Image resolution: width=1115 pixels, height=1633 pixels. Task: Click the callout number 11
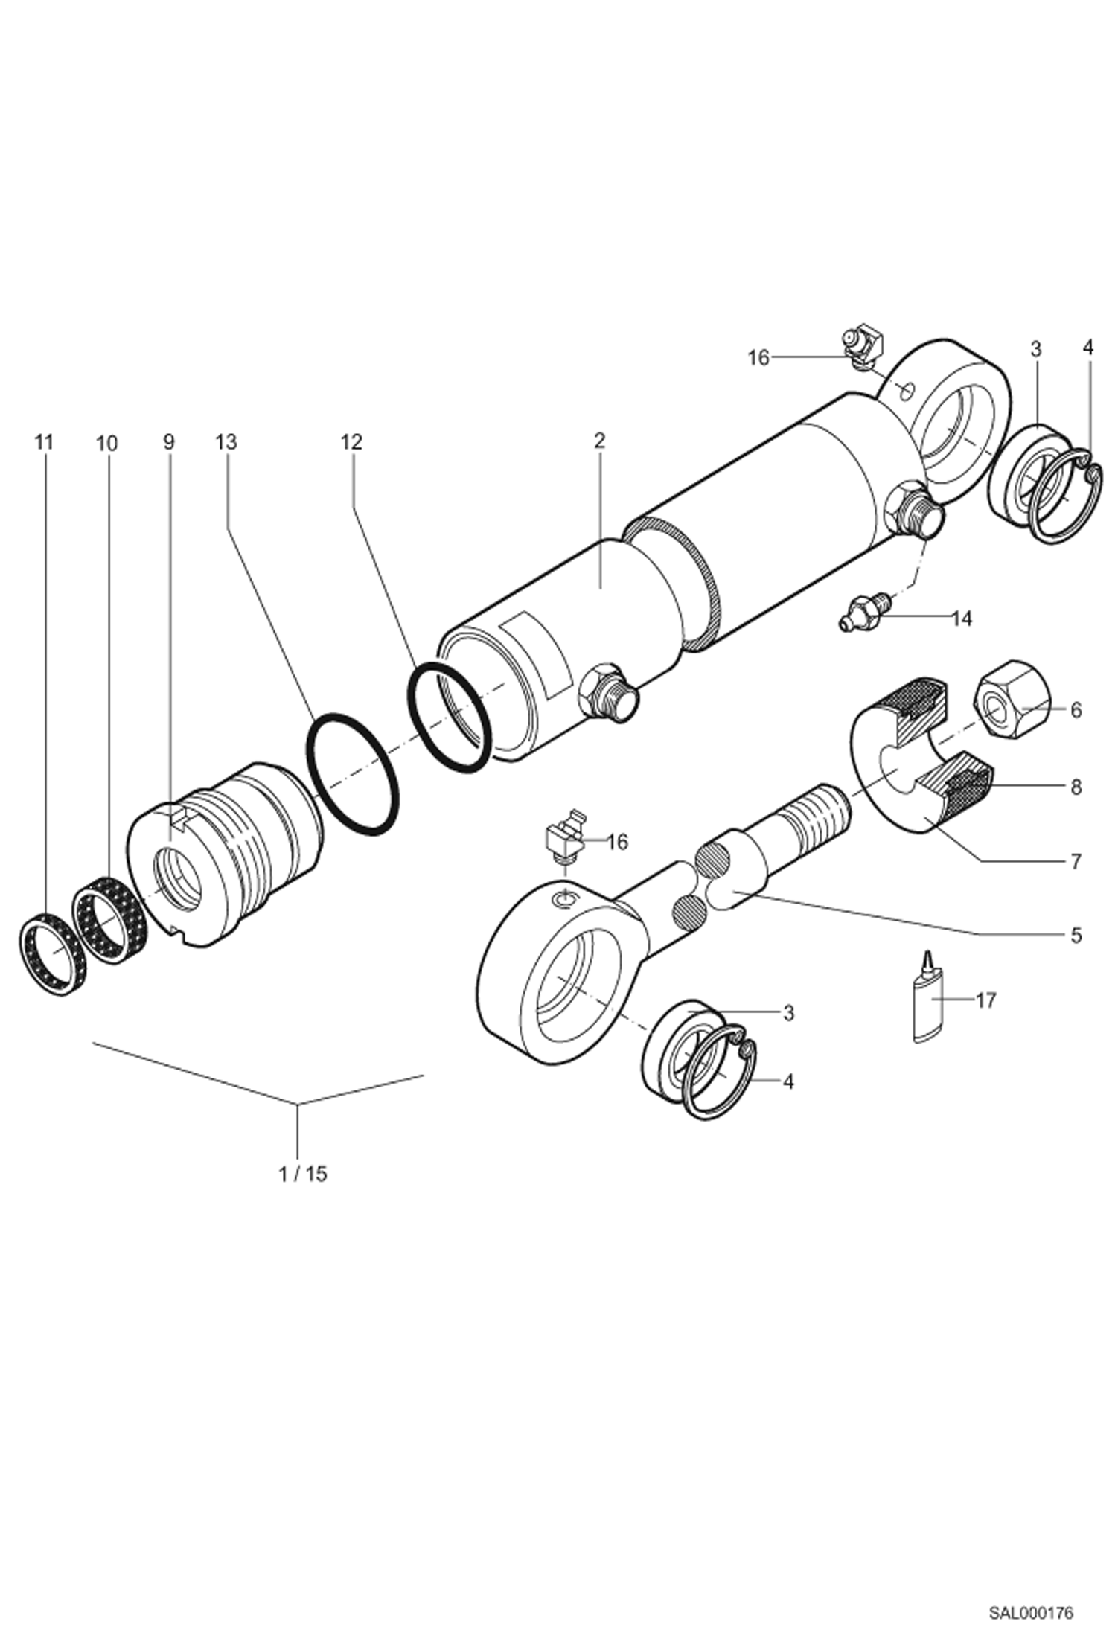(x=44, y=442)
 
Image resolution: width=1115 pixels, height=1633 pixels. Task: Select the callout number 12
(x=351, y=442)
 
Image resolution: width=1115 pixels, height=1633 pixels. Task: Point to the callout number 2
(x=599, y=440)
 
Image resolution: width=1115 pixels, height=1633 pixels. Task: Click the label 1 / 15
(x=303, y=1174)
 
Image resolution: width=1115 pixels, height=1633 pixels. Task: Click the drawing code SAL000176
(x=1030, y=1609)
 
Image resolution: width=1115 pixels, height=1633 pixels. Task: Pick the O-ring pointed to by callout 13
(x=353, y=773)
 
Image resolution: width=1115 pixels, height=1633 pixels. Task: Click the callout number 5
(x=1076, y=935)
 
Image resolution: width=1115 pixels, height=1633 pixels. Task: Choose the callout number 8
(x=1076, y=787)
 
